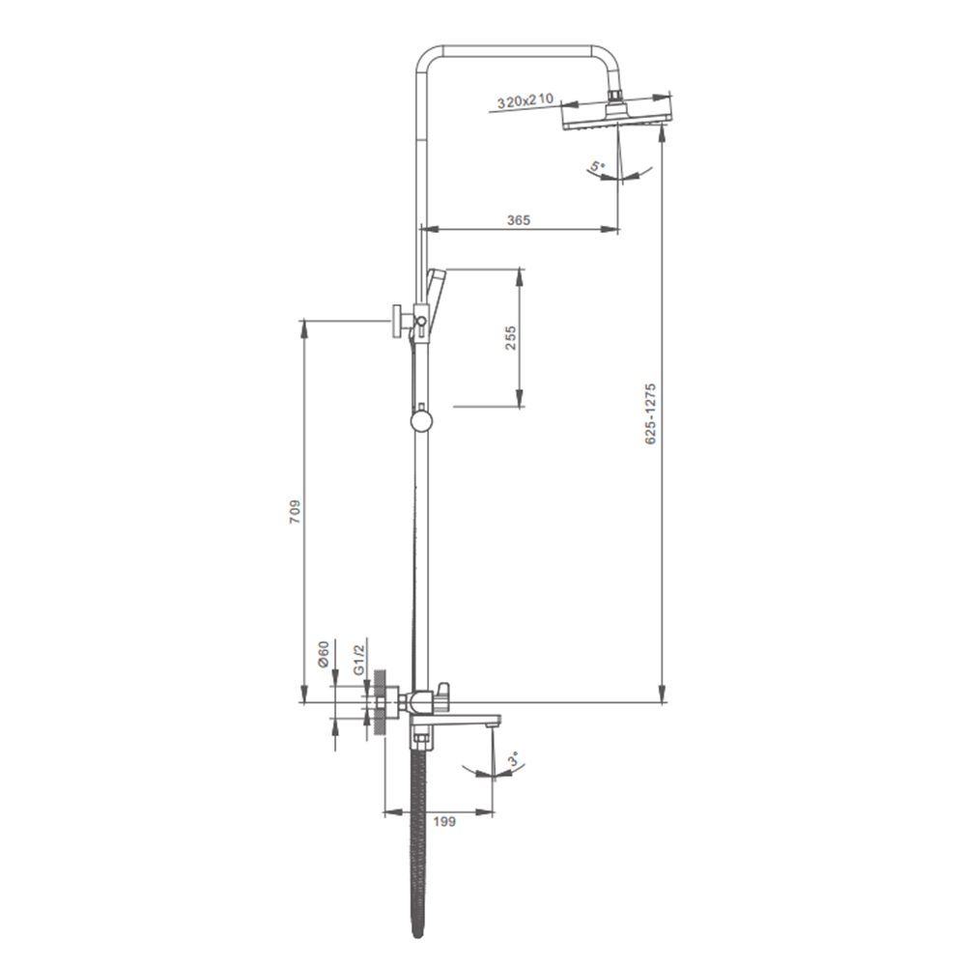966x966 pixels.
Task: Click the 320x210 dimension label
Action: pos(526,101)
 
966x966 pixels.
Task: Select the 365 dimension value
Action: pos(518,220)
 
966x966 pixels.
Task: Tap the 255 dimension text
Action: pos(511,338)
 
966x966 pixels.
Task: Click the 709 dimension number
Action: pos(296,511)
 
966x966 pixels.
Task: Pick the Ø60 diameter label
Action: pos(324,655)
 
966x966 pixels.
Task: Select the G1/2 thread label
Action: pos(359,659)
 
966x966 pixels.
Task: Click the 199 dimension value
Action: pos(443,821)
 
